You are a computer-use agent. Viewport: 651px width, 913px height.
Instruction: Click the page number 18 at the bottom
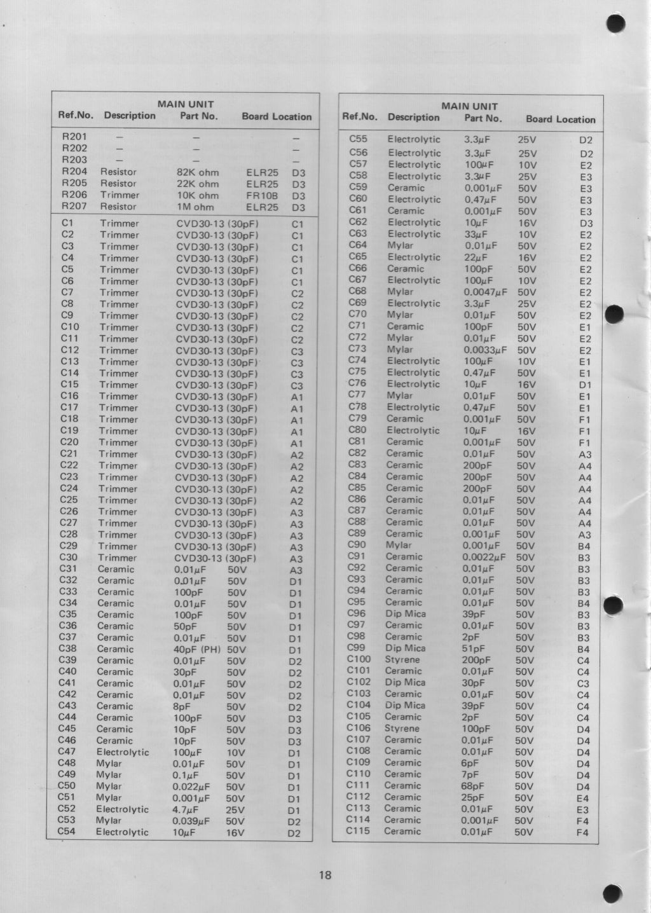325,875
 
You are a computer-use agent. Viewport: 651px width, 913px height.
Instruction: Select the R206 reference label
74,195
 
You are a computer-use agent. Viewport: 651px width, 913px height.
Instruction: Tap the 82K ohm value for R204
197,172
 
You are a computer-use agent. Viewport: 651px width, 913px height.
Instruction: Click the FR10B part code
262,196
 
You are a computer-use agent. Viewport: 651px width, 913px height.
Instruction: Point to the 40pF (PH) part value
196,649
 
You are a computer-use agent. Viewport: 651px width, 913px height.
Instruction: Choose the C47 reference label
67,752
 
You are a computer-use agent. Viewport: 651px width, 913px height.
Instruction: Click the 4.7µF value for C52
187,809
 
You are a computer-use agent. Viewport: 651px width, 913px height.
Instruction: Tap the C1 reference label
67,223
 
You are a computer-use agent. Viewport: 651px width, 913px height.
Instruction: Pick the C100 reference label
359,659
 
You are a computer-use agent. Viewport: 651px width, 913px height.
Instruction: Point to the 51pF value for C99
474,649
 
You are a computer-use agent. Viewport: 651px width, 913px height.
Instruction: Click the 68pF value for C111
472,786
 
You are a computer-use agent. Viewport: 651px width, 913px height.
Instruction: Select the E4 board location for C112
583,799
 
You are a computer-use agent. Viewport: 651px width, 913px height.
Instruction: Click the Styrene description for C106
402,728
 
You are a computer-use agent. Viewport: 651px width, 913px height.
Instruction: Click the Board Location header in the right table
560,120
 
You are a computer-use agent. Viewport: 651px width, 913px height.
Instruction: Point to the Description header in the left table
130,116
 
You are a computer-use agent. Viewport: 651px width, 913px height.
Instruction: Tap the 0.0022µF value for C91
484,558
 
